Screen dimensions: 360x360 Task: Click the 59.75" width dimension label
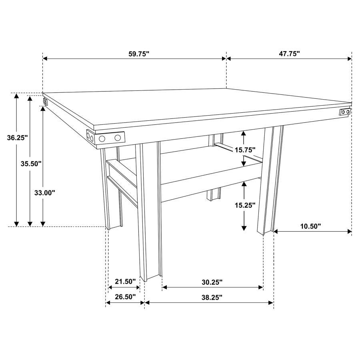tap(138, 54)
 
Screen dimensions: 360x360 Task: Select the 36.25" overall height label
tap(17, 138)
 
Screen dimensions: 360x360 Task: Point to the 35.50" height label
tap(31, 163)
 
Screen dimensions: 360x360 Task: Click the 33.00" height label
tap(44, 192)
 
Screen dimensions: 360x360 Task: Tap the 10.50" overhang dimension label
tap(310, 226)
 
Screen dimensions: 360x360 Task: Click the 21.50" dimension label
tap(125, 282)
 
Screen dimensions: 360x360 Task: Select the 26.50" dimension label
tap(125, 297)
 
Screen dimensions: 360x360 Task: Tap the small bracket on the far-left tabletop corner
tap(46, 102)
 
